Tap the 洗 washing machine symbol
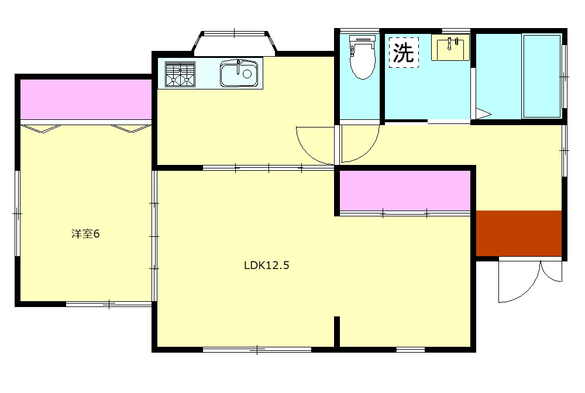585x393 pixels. [404, 53]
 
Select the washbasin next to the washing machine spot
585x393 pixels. [450, 47]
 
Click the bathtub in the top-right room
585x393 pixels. [542, 76]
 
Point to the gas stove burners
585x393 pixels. [180, 74]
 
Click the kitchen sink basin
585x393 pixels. [239, 74]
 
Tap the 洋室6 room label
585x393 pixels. [85, 234]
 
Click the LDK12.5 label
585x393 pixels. [266, 265]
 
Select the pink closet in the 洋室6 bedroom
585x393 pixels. [86, 99]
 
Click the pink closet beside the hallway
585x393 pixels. [405, 191]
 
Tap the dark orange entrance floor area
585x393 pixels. [519, 233]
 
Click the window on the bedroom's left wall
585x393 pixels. [17, 213]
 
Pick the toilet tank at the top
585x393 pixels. [362, 38]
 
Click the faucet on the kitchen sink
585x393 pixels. [239, 66]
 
